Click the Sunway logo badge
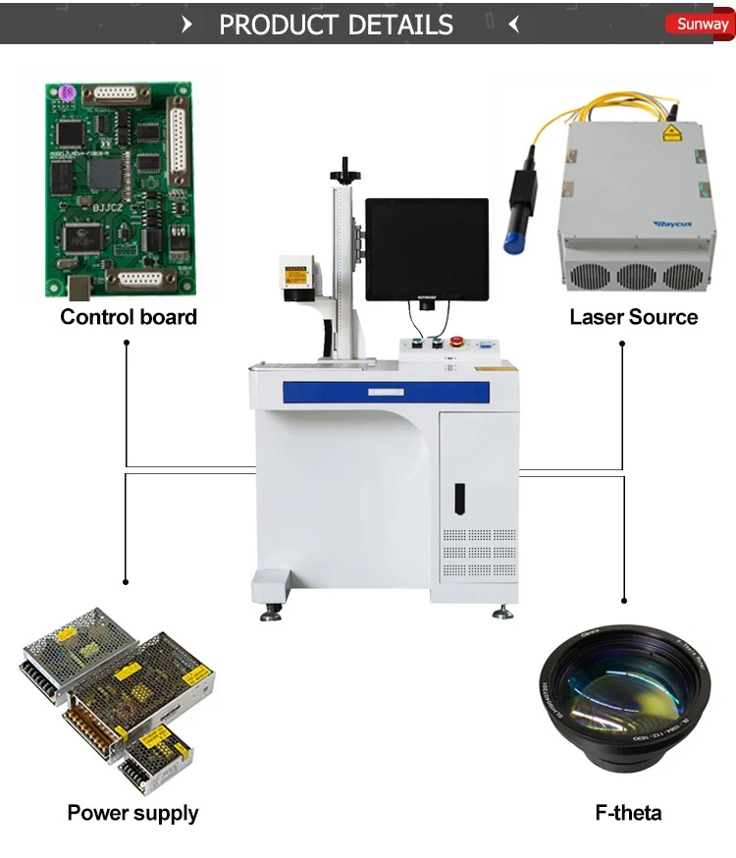point(701,25)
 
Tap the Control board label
point(129,317)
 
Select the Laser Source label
point(634,317)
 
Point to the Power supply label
point(132,813)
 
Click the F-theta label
point(628,813)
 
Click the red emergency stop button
point(456,343)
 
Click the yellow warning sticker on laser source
point(671,134)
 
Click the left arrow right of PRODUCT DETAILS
point(513,26)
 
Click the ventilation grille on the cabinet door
point(478,553)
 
